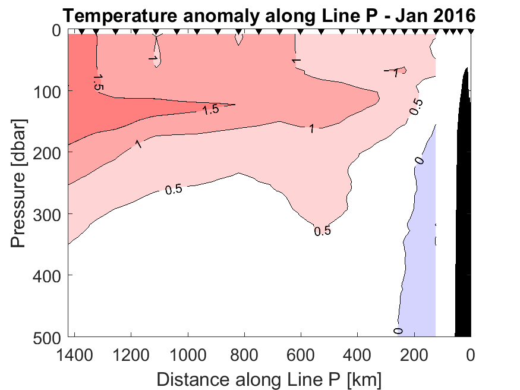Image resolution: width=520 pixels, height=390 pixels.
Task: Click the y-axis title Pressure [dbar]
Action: click(19, 183)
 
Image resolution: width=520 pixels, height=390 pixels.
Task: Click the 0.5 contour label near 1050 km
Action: click(174, 190)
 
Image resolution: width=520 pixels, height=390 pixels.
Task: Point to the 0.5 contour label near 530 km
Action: click(322, 231)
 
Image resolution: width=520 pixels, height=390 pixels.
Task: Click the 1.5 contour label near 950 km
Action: click(211, 110)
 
